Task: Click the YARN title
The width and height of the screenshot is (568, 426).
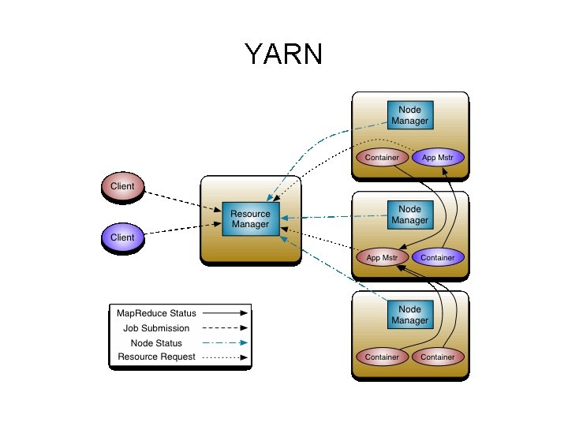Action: pos(284,54)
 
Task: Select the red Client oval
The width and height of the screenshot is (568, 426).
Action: pos(122,187)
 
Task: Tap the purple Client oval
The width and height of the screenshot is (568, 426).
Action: pos(122,237)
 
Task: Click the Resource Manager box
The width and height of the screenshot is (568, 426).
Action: pos(250,219)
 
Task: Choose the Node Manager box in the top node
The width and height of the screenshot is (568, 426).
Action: pos(409,115)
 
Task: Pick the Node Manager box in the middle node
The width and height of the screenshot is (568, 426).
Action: pos(409,215)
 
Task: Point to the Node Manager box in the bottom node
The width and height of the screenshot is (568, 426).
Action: pos(409,315)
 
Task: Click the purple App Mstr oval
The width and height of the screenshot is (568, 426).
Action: pos(438,158)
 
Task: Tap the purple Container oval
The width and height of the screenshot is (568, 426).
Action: pos(438,258)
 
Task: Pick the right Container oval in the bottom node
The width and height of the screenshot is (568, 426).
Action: pos(438,357)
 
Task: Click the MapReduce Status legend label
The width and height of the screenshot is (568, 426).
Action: pos(156,313)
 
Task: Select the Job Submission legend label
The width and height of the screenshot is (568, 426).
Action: pos(156,328)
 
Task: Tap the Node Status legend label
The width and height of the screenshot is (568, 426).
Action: pos(156,343)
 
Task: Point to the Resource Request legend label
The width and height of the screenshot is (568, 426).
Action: pos(156,357)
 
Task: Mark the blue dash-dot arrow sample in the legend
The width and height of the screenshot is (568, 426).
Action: pos(225,343)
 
